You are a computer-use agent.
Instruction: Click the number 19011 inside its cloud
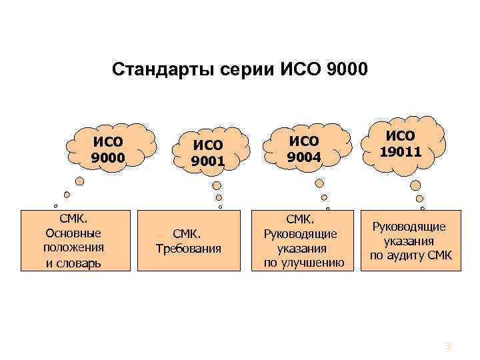400,152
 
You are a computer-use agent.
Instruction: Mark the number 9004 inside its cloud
304,157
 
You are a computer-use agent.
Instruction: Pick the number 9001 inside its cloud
207,161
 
